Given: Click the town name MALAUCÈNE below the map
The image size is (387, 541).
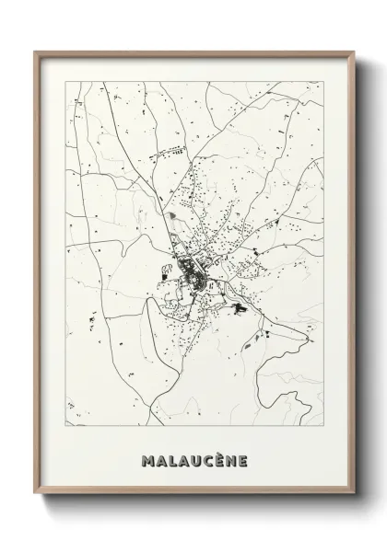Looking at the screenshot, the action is pos(194,457).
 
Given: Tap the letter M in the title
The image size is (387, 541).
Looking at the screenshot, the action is pos(147,457).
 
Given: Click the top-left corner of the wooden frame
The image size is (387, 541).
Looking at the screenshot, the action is pos(37,52).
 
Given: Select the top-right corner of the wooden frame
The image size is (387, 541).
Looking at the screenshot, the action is pos(352,52).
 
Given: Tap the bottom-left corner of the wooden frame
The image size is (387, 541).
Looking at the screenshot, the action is pos(37,502).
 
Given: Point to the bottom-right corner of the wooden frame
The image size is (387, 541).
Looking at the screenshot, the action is pos(352,502).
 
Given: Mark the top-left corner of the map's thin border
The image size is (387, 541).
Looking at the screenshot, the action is pos(66,82).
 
